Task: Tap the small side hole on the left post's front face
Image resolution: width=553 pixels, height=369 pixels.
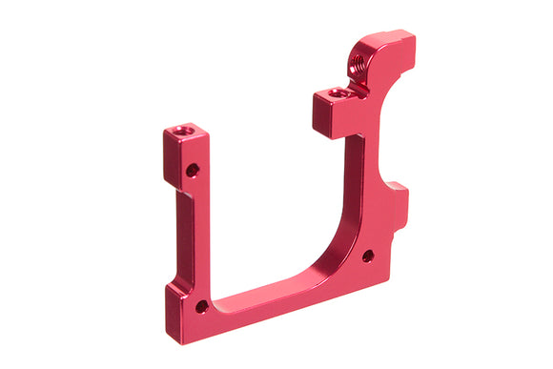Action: click(x=193, y=170)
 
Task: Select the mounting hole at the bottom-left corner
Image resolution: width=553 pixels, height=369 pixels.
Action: click(x=201, y=306)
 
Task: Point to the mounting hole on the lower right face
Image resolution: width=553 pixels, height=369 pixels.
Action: click(x=367, y=256)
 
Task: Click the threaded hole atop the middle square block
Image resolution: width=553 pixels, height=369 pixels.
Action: click(x=335, y=93)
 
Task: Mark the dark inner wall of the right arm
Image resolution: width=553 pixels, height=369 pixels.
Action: click(x=354, y=191)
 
